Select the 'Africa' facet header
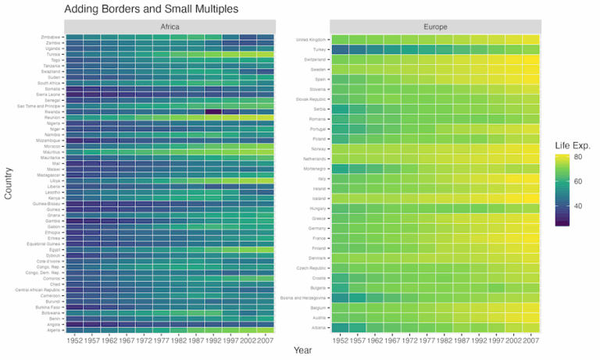click(170, 27)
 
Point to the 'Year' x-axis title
click(302, 351)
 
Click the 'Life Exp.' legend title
click(573, 145)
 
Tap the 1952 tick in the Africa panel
click(74, 340)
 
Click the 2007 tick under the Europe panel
click(530, 340)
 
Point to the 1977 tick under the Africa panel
click(161, 340)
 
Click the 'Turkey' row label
click(320, 49)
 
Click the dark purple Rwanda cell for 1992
click(212, 112)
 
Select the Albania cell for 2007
click(530, 329)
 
